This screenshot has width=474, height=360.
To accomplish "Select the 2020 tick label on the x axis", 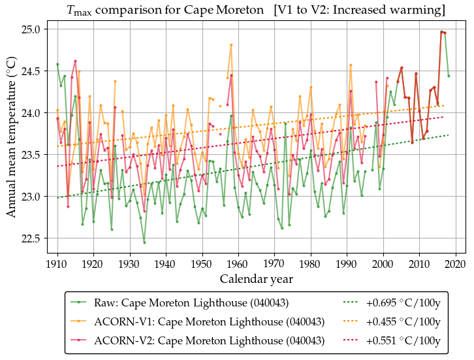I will point(455,264).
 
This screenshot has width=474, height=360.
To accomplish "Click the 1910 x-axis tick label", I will point(57,264).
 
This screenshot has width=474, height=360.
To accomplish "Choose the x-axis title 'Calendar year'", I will point(256,279).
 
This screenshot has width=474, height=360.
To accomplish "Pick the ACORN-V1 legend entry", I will point(210,321).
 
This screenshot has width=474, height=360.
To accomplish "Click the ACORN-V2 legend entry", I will point(210,340).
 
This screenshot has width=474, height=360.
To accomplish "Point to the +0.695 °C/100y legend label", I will point(403,303).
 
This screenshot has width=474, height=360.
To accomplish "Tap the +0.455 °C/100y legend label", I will point(403,321).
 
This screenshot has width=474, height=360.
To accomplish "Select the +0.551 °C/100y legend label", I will point(403,340).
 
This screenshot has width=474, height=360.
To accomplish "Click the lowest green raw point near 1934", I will point(144,242).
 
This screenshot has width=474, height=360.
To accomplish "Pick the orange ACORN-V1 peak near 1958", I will point(231,44).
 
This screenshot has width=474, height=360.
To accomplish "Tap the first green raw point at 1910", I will point(57,64).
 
